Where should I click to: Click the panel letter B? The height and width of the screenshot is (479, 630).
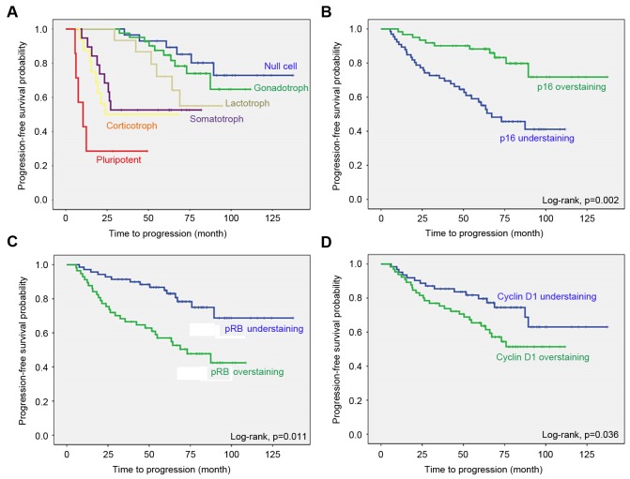[x=322, y=11]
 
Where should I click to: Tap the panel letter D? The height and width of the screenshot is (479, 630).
[x=322, y=247]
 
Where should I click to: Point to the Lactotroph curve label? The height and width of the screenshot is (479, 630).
[x=249, y=105]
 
